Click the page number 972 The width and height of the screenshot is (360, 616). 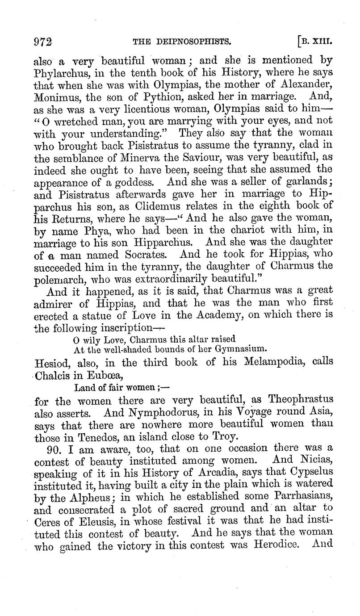(43, 42)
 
